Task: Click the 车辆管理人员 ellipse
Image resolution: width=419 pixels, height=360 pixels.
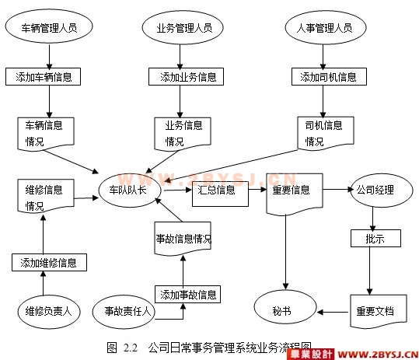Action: [49, 26]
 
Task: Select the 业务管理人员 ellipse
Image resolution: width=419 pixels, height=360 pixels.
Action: [183, 28]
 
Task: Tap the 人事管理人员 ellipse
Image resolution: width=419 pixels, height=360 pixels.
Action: [326, 28]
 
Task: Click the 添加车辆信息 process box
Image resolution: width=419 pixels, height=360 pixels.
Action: [43, 77]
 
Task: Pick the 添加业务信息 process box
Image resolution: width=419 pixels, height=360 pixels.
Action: [186, 77]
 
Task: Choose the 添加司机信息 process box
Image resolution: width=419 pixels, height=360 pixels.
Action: [329, 77]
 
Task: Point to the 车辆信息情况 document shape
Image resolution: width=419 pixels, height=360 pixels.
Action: [46, 134]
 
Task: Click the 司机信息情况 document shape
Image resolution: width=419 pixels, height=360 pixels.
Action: [326, 133]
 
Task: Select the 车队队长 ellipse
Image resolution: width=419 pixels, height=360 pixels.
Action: [130, 190]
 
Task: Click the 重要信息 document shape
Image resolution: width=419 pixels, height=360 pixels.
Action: [295, 194]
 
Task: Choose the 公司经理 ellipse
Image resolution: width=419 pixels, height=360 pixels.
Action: [382, 190]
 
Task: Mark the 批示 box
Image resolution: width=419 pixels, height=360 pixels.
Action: [375, 238]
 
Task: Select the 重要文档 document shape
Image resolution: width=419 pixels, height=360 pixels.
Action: [379, 311]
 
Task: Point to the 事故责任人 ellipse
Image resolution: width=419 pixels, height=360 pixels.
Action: [124, 311]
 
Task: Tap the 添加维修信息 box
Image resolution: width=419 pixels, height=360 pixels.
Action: [49, 263]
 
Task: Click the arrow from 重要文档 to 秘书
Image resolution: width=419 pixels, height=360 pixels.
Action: [333, 312]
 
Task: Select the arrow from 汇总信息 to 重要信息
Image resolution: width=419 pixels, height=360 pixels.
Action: [257, 190]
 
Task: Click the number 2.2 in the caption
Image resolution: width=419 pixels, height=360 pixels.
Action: [131, 348]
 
